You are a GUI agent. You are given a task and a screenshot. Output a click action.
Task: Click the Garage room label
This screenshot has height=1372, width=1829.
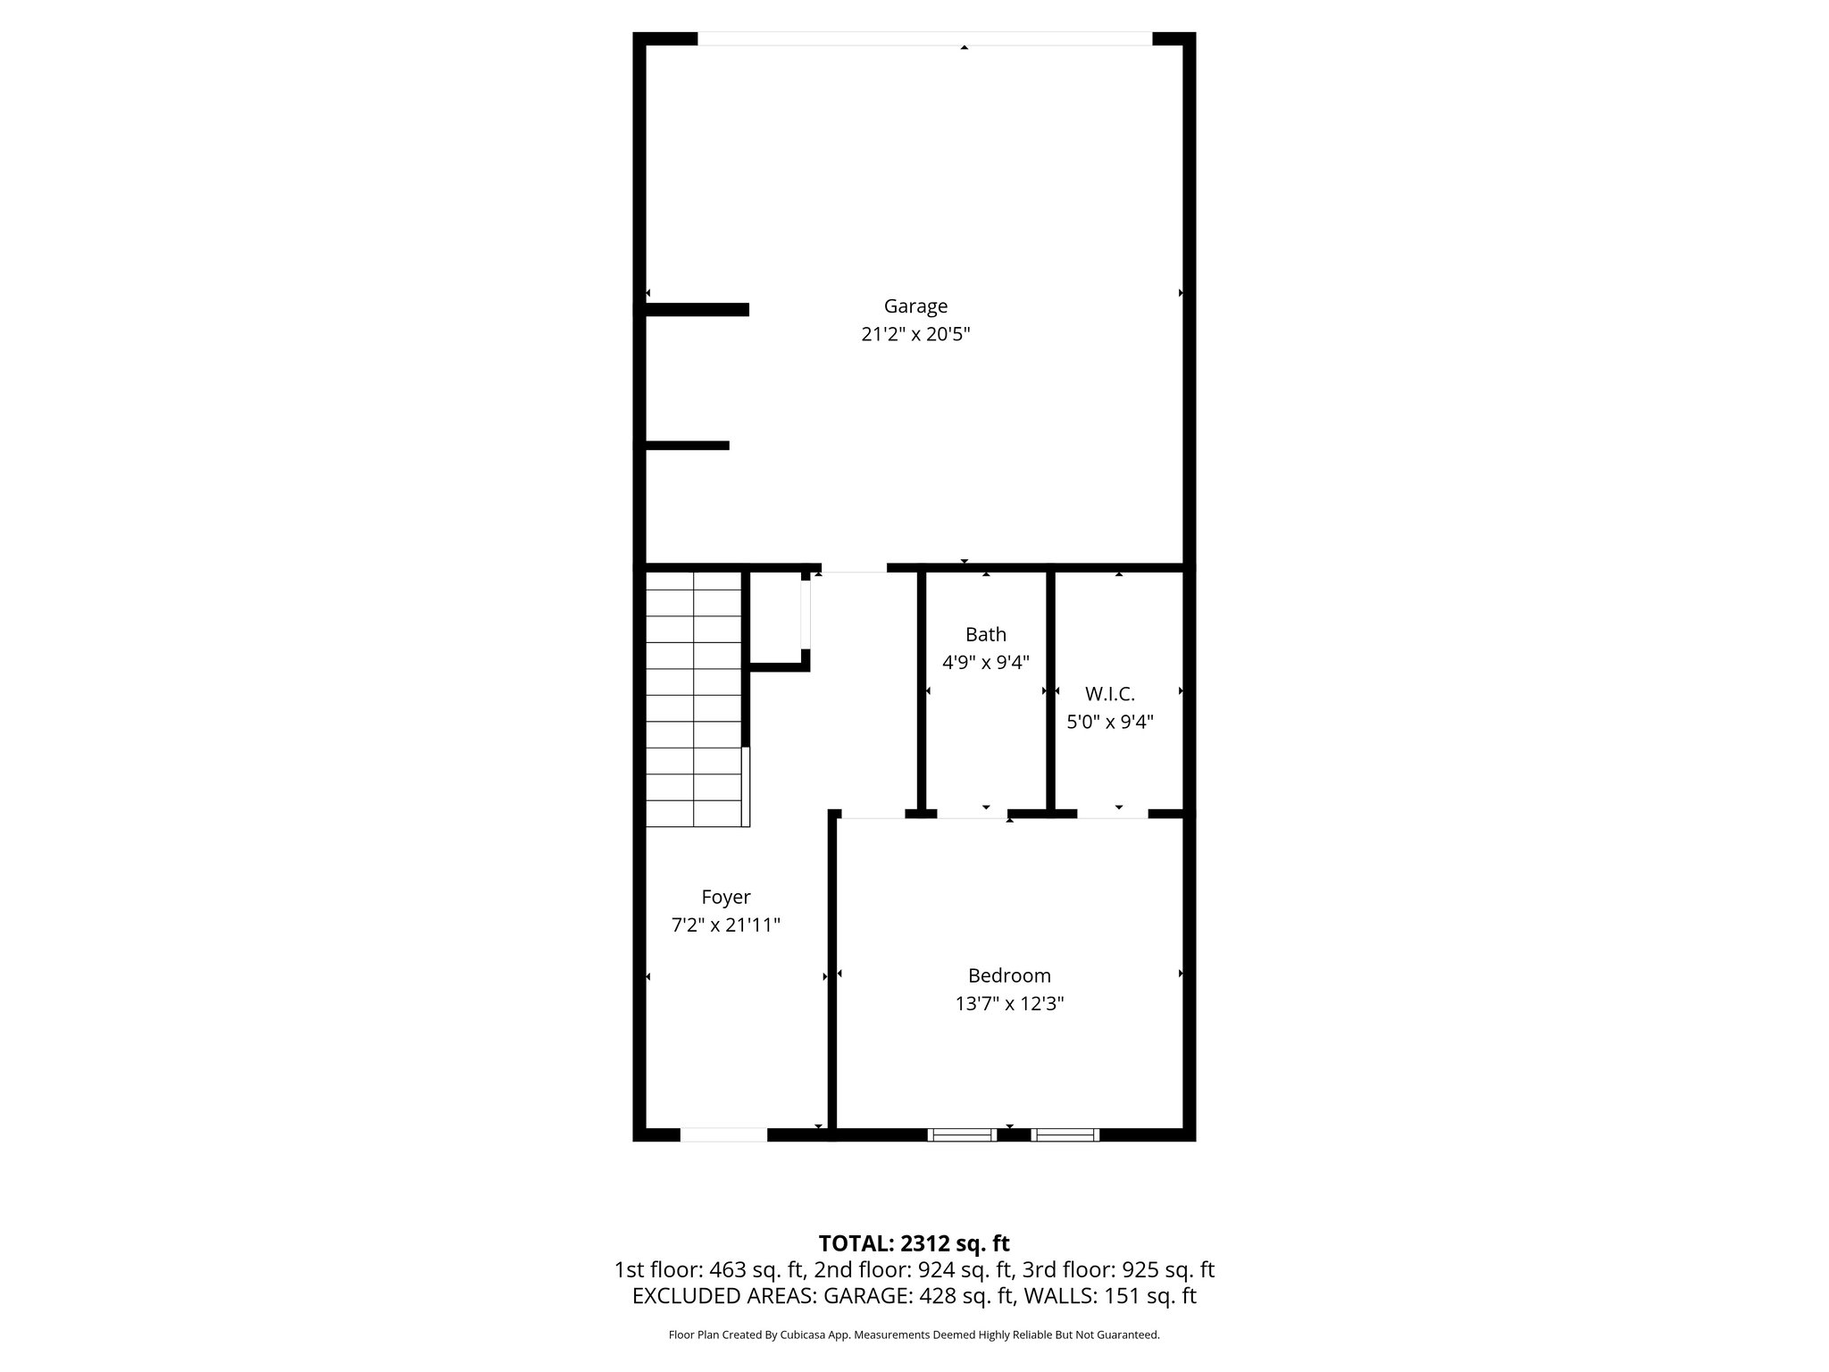(x=915, y=306)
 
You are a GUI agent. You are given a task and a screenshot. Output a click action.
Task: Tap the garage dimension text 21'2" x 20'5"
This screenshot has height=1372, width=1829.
(x=915, y=334)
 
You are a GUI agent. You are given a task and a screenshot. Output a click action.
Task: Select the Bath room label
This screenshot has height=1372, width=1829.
(x=985, y=634)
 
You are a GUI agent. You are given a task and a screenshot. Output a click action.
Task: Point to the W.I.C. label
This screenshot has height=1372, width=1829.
(x=1109, y=693)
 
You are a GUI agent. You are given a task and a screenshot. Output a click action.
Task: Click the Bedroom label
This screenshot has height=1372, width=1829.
(x=1009, y=975)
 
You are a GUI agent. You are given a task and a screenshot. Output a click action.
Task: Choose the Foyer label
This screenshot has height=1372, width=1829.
(x=725, y=897)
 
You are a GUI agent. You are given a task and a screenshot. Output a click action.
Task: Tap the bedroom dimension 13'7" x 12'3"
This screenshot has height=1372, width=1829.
(x=1009, y=1004)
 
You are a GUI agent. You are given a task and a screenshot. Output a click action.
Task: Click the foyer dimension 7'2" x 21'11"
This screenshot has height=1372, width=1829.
(x=725, y=924)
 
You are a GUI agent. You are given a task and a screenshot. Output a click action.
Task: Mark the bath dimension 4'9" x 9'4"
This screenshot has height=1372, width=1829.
(x=985, y=663)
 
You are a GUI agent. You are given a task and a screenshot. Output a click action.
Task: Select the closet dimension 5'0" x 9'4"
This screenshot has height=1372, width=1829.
(x=1109, y=722)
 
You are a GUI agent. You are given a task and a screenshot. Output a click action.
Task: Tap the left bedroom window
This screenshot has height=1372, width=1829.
(x=961, y=1134)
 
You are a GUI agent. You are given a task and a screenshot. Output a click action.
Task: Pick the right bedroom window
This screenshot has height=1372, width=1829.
(x=1065, y=1134)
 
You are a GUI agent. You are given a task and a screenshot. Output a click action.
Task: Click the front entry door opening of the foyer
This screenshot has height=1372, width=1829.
(x=723, y=1134)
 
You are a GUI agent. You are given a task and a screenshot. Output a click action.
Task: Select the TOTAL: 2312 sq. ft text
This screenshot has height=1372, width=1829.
(x=914, y=1243)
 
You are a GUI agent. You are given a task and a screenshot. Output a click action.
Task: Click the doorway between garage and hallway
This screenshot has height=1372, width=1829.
(x=854, y=568)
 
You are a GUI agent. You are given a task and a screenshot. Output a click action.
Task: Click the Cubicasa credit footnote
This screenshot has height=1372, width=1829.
(x=914, y=1335)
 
